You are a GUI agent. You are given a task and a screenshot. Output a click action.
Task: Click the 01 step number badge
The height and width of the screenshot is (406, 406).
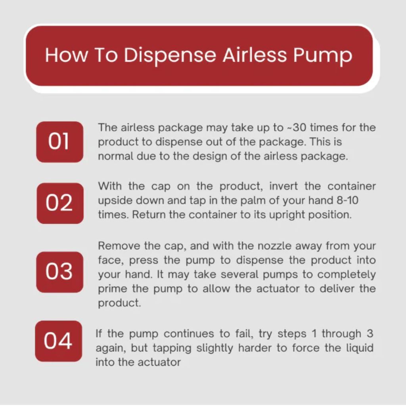click(59, 142)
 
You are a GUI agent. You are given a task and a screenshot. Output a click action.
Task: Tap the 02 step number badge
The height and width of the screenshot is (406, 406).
click(60, 203)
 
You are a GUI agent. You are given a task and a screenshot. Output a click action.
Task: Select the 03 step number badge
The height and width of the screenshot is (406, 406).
click(59, 272)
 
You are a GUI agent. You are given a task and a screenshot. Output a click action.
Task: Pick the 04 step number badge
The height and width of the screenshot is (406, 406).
click(59, 341)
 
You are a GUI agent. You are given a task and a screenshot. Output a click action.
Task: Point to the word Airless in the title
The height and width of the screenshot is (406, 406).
click(255, 55)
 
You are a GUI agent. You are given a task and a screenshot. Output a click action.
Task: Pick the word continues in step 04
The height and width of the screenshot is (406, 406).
click(189, 334)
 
